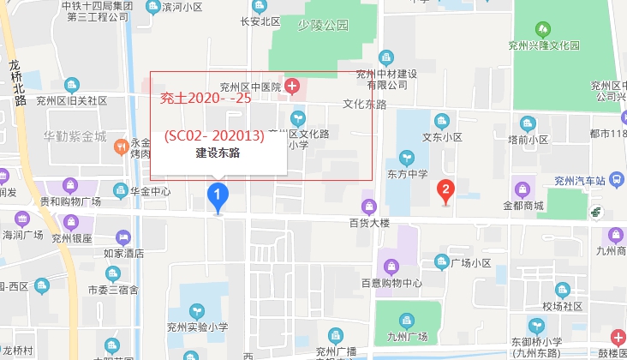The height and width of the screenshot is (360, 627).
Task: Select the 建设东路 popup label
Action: (x=218, y=153)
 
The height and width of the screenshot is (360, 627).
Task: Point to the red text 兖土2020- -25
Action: (x=206, y=99)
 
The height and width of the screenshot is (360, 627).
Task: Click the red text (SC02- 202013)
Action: (x=214, y=135)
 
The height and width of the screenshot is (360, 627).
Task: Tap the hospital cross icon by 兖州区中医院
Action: (x=292, y=86)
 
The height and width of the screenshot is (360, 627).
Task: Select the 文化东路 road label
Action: (x=365, y=105)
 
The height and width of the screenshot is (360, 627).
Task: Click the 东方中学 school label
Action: (x=407, y=175)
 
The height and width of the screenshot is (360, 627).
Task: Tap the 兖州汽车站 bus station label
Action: (x=579, y=180)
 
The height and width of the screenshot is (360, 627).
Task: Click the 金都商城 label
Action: (x=523, y=206)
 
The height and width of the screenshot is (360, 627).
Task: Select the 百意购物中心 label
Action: (x=391, y=283)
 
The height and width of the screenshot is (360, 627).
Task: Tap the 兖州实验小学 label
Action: (x=198, y=326)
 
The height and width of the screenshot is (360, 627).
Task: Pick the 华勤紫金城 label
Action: (x=75, y=136)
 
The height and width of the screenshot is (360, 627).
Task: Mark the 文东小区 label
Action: (x=442, y=137)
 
